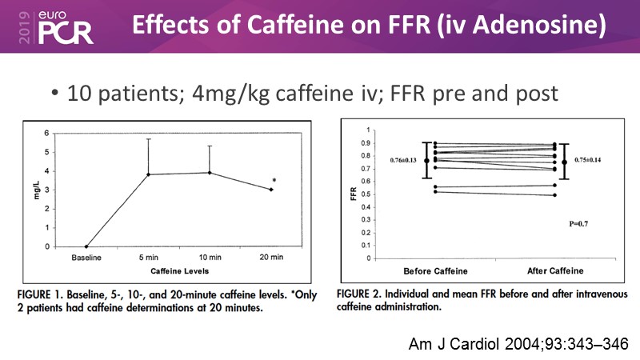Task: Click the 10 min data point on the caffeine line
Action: [x=210, y=172]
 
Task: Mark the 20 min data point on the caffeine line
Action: [x=271, y=190]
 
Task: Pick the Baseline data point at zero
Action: [x=86, y=246]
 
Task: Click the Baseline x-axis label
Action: [x=86, y=258]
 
